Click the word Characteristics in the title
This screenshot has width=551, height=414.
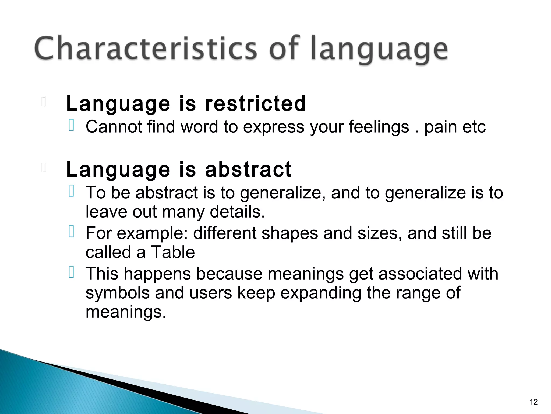coord(145,49)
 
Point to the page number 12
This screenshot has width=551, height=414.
coord(534,402)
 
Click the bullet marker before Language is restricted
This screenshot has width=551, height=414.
coord(44,102)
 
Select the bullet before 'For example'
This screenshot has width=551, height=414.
coord(71,232)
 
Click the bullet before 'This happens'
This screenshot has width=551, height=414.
coord(71,272)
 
